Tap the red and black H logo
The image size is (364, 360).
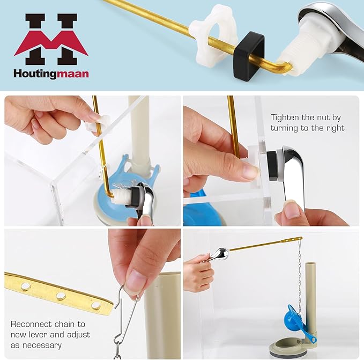coord(51,39)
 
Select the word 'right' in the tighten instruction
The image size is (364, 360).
coord(333,128)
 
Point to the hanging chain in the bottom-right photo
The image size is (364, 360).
coord(300,279)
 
